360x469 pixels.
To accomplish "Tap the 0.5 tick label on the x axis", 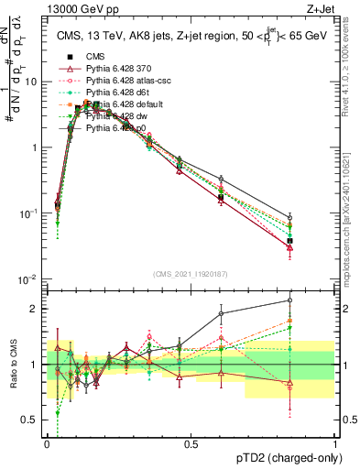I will tap(191, 443).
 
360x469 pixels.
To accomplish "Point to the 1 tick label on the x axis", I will tap(335, 443).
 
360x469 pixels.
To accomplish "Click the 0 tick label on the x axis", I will tap(48, 443).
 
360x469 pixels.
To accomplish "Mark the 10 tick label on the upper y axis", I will tap(30, 81).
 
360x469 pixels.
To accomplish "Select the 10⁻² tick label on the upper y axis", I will tap(27, 278).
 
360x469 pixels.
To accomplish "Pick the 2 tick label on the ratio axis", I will tap(35, 309).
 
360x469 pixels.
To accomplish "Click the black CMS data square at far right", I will tap(290, 241).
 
